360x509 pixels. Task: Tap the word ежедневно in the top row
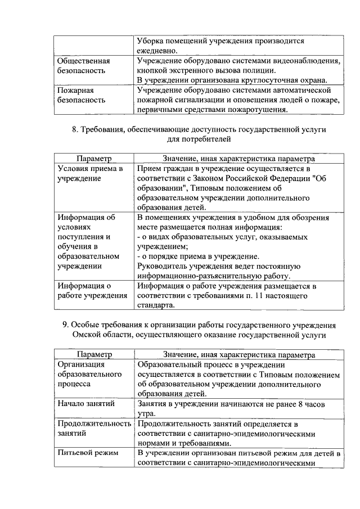click(x=157, y=51)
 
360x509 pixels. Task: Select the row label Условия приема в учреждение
click(x=89, y=173)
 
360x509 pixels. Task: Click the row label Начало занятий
click(x=86, y=404)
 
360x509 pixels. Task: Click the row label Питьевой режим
click(x=87, y=453)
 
